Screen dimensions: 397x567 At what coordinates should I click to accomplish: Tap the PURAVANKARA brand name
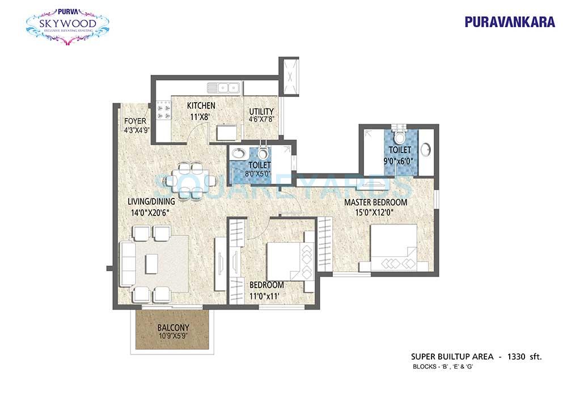[502, 22]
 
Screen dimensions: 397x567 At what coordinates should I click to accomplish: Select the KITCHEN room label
[201, 105]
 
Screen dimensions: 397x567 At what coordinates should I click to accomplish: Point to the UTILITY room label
[261, 111]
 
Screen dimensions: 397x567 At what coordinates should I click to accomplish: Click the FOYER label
[136, 121]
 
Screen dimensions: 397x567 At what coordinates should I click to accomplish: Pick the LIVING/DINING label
[150, 201]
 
